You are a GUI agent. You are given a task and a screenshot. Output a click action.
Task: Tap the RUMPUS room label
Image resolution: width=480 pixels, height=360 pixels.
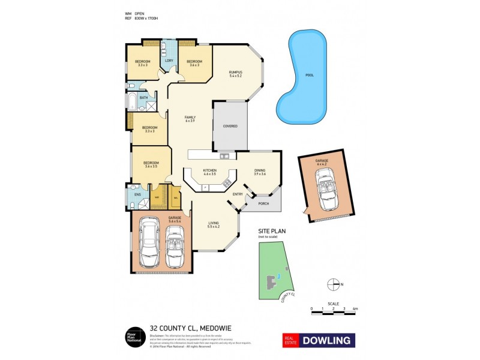[x=235, y=72]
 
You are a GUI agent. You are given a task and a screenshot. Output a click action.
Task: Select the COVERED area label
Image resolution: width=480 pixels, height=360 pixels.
[x=230, y=126]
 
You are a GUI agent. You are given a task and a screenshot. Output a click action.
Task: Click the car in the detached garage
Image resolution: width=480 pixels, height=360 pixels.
[x=329, y=188]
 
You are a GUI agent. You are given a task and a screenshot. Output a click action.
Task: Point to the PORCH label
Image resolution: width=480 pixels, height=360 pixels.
[x=263, y=204]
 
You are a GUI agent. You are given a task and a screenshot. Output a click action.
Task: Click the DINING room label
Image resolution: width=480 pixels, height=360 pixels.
[x=260, y=171]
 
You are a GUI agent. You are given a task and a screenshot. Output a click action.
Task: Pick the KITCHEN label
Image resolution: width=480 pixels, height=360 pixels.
[x=209, y=171]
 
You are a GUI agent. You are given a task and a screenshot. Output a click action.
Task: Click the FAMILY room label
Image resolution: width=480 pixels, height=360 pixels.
[x=190, y=117]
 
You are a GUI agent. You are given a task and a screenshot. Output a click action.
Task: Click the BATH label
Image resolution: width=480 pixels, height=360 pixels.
[x=143, y=98]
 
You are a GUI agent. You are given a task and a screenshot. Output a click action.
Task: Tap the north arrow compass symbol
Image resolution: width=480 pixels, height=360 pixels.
[x=338, y=284]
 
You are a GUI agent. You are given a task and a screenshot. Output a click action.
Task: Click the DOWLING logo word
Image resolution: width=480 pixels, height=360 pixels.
[x=326, y=340]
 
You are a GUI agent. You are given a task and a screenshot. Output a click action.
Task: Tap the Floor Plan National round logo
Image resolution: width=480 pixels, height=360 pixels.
[x=133, y=337]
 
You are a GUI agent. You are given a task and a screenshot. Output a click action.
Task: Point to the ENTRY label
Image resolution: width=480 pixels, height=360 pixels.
[x=238, y=193]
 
